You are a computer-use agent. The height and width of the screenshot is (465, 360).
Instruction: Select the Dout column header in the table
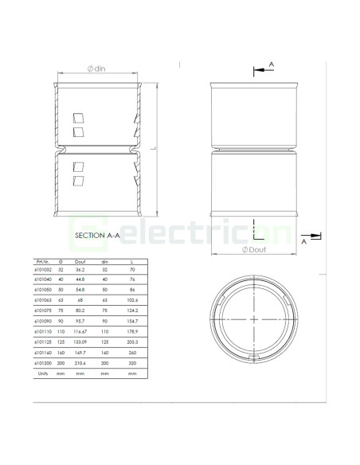[x=80, y=261]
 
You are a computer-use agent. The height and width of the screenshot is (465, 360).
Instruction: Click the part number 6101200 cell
[x=43, y=362]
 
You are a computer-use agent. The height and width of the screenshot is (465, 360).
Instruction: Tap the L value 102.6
[x=132, y=300]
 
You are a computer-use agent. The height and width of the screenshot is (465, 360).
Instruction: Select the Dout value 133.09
[x=80, y=342]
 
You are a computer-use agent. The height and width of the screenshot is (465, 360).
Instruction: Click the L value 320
[x=132, y=362]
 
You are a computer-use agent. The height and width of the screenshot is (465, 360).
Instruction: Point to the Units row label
[x=43, y=373]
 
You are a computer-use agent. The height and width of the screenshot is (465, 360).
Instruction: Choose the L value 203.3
[x=132, y=342]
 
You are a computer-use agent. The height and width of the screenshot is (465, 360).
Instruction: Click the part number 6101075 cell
[x=43, y=311]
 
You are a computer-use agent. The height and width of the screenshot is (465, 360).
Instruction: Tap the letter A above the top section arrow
[x=272, y=62]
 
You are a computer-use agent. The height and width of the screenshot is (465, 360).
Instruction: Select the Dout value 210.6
[x=80, y=362]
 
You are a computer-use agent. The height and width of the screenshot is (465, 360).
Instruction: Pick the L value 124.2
[x=132, y=311]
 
